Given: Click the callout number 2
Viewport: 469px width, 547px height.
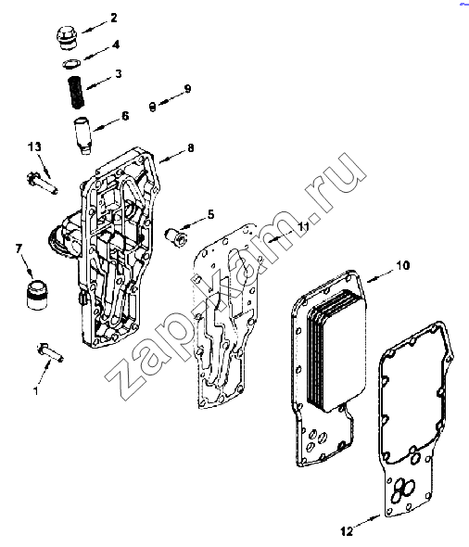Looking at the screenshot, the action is [x=114, y=18].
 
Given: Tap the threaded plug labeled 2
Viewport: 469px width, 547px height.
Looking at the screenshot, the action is [x=67, y=38].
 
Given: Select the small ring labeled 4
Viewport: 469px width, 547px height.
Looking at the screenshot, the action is [x=71, y=63].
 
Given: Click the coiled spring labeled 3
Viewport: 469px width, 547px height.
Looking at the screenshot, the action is [x=76, y=92].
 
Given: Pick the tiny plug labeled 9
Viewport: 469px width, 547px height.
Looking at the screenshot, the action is [x=152, y=107].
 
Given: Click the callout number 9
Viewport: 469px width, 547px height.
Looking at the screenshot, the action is [x=187, y=89].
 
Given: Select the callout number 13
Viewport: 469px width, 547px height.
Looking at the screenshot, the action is [x=34, y=146].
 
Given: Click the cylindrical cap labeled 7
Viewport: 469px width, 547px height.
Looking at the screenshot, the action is [x=37, y=293].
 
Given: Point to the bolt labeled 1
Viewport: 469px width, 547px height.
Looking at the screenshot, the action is [x=50, y=353].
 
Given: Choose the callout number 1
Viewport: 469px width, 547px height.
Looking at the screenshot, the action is [x=35, y=390].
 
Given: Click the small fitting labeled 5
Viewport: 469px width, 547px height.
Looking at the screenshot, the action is [x=176, y=238].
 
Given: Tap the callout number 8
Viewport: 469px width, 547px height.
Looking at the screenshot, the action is [x=190, y=148].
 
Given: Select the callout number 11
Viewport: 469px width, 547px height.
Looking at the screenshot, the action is [x=303, y=226].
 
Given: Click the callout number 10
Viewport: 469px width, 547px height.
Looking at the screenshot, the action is [x=403, y=265].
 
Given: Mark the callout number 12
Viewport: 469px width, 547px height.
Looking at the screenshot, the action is [x=347, y=531].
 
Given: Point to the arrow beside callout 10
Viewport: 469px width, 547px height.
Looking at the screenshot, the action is [x=380, y=275].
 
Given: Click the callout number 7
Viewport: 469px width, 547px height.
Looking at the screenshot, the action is [x=19, y=248].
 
